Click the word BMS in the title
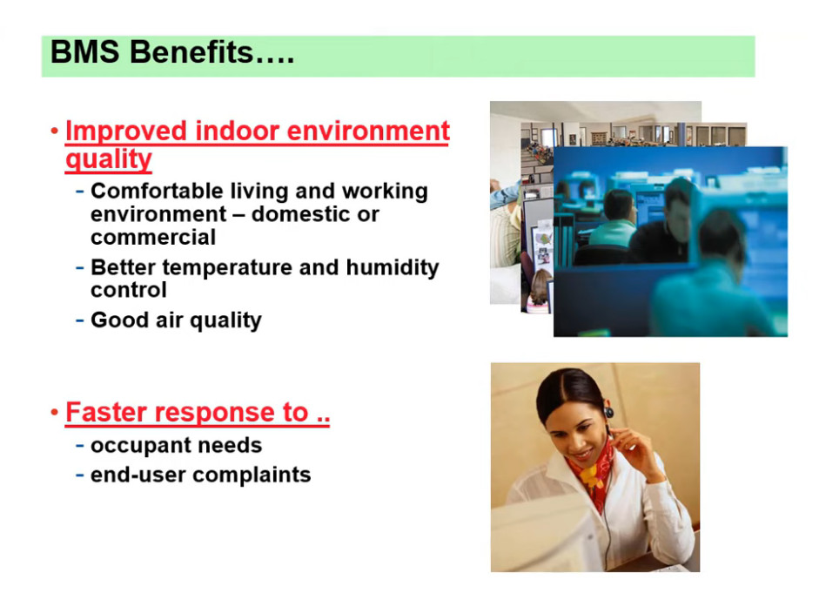tap(85, 52)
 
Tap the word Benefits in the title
tap(191, 52)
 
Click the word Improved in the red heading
tap(126, 131)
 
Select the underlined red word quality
tap(109, 158)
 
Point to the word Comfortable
tap(157, 191)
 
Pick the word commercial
tap(153, 237)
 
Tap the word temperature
tap(227, 267)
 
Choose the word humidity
tap(393, 267)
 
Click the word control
tap(129, 290)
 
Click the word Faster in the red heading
tap(106, 412)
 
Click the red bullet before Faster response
tap(54, 413)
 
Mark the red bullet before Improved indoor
tap(54, 131)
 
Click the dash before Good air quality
tap(80, 320)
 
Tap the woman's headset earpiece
tap(608, 413)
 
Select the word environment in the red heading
tap(367, 131)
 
